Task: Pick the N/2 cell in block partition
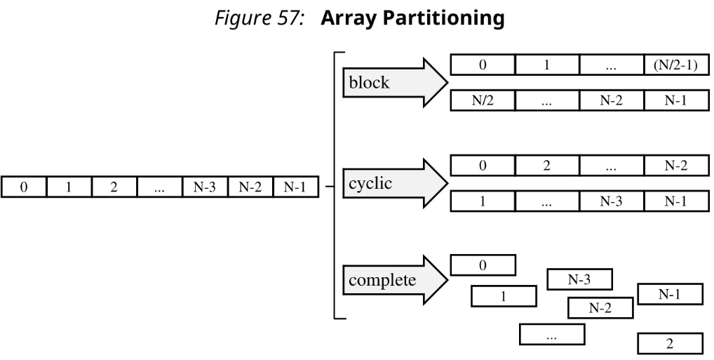482,100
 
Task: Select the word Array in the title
345,19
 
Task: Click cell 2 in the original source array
114,187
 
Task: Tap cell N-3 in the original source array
204,187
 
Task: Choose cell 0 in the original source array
23,187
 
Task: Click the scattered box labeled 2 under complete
669,344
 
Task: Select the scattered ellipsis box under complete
551,334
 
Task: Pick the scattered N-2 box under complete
600,307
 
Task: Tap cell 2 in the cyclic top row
546,166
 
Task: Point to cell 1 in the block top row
546,65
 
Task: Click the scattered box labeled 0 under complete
483,265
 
